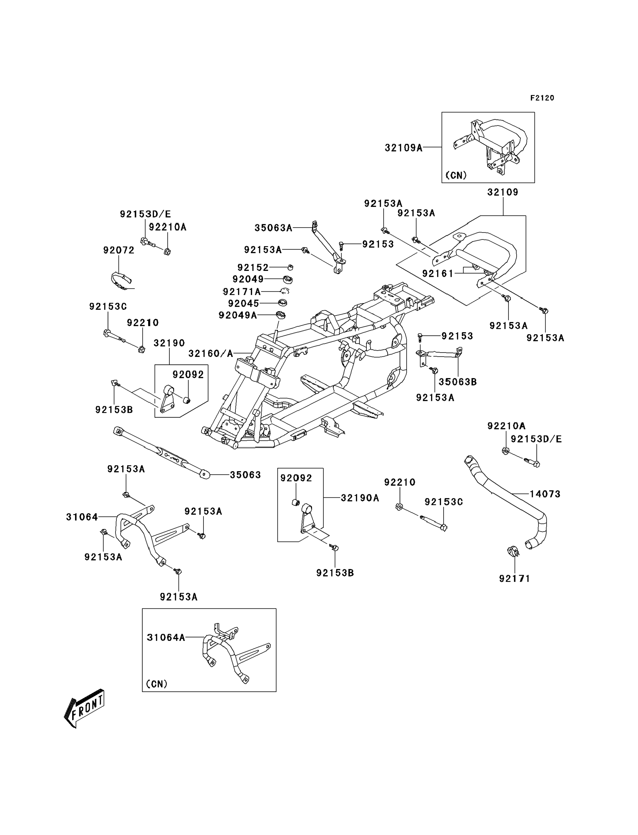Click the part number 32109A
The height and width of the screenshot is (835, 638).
pyautogui.click(x=403, y=148)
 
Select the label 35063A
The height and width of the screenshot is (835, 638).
pyautogui.click(x=273, y=228)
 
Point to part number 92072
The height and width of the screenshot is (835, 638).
pyautogui.click(x=119, y=250)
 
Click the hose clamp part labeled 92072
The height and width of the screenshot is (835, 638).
pyautogui.click(x=121, y=280)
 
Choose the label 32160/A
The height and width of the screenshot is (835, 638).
pyautogui.click(x=211, y=354)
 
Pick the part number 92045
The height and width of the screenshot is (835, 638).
pyautogui.click(x=243, y=303)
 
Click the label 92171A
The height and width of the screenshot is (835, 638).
pyautogui.click(x=242, y=292)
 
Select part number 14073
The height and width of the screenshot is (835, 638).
pyautogui.click(x=545, y=494)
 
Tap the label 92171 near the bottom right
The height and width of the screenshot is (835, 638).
pyautogui.click(x=514, y=579)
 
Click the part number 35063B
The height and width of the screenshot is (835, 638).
pyautogui.click(x=458, y=382)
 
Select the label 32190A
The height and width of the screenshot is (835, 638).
pyautogui.click(x=360, y=498)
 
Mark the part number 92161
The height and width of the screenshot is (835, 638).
pyautogui.click(x=438, y=273)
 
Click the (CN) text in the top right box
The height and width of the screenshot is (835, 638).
pyautogui.click(x=456, y=175)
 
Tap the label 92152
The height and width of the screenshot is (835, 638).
pyautogui.click(x=253, y=267)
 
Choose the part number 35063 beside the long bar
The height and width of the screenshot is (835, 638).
pyautogui.click(x=245, y=475)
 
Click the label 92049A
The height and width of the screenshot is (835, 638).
pyautogui.click(x=238, y=315)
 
